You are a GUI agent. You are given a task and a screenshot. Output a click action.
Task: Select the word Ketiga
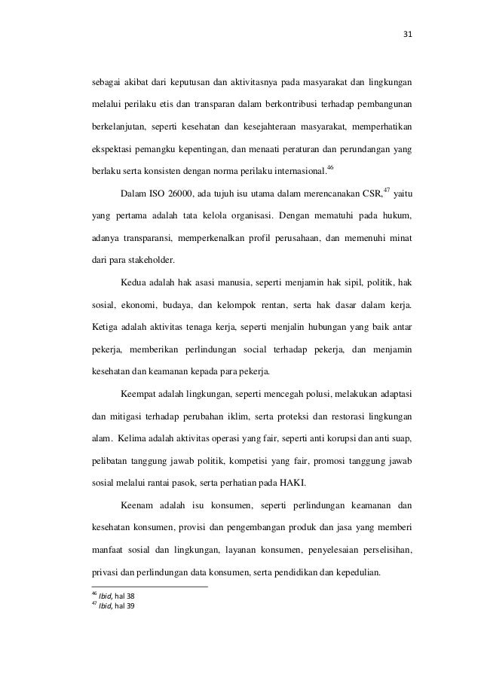104,327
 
